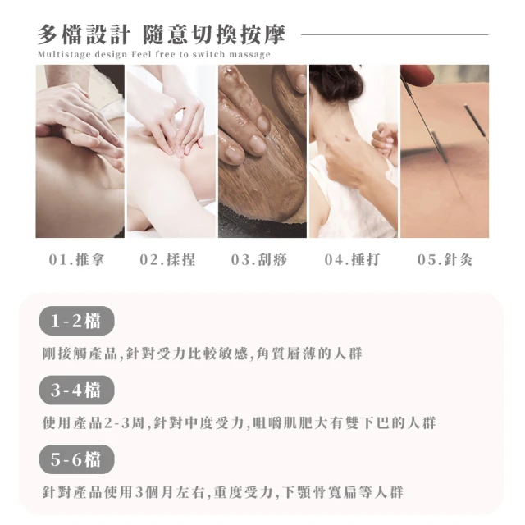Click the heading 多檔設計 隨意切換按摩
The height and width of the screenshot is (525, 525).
161,34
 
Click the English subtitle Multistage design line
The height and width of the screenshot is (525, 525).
154,54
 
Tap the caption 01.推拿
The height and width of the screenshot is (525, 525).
76,259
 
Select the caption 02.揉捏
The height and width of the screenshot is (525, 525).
167,259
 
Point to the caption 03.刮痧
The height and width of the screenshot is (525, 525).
259,259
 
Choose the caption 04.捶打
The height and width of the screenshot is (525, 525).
352,259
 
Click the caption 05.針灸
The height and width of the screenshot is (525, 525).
445,259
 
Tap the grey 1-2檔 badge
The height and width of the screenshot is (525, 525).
76,321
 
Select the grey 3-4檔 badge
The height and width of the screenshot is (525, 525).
76,390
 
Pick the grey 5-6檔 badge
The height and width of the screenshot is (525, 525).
76,459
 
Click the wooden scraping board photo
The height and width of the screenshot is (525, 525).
262,151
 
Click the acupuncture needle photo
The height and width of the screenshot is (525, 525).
445,151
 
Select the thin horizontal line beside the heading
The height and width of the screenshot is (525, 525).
395,34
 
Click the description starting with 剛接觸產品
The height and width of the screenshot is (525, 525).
203,354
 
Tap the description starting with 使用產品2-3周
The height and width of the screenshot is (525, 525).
239,423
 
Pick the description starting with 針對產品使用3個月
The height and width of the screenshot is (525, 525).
223,492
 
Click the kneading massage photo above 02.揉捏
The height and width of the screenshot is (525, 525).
171,151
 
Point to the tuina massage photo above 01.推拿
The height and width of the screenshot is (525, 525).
80,151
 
